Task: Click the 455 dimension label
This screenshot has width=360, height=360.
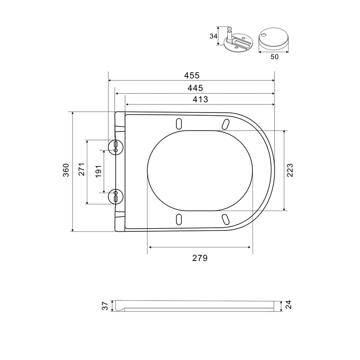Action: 192,75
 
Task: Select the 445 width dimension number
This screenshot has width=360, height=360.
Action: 195,88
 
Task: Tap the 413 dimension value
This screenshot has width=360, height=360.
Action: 200,99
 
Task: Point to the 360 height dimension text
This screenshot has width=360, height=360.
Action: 66,170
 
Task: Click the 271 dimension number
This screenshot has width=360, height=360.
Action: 82,169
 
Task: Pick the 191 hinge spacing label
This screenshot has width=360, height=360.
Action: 98,171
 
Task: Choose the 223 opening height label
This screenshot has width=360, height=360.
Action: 290,170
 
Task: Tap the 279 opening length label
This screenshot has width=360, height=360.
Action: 200,258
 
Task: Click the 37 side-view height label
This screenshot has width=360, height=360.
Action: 105,306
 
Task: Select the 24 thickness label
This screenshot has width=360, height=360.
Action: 288,305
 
